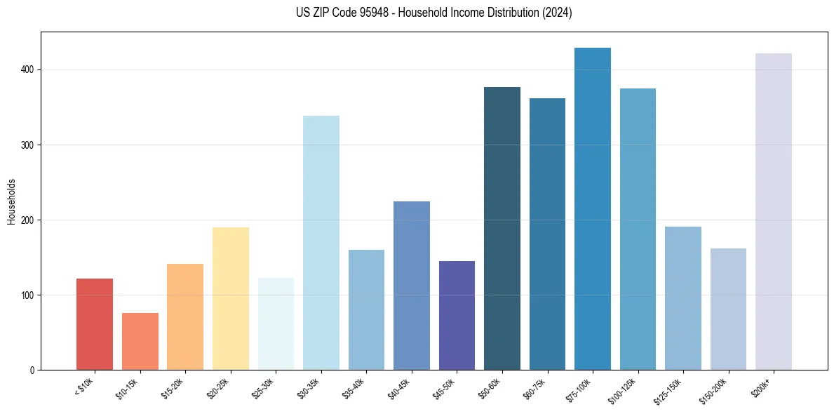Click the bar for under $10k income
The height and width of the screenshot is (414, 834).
pyautogui.click(x=95, y=324)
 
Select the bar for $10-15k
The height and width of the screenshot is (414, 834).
pyautogui.click(x=140, y=342)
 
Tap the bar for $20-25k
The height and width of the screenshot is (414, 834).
pyautogui.click(x=231, y=298)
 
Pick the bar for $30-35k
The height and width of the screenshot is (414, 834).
pyautogui.click(x=321, y=243)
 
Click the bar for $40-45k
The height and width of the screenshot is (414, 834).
pyautogui.click(x=412, y=286)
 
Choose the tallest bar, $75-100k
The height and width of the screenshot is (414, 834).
pyautogui.click(x=593, y=208)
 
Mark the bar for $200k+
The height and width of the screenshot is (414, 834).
pyautogui.click(x=774, y=211)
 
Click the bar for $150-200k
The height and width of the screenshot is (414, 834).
pyautogui.click(x=728, y=309)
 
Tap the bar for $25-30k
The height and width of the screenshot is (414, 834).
pyautogui.click(x=276, y=323)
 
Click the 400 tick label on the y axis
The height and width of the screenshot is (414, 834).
pyautogui.click(x=27, y=69)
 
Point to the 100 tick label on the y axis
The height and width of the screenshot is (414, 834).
pyautogui.click(x=27, y=295)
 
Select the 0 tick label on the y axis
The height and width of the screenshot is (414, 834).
pyautogui.click(x=32, y=370)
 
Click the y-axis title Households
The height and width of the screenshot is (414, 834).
pyautogui.click(x=11, y=201)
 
